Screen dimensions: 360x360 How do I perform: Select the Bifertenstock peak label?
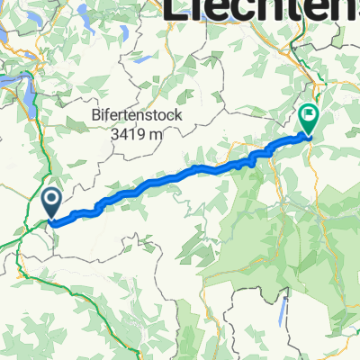[x=137, y=117]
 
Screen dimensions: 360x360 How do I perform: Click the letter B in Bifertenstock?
[x=94, y=117]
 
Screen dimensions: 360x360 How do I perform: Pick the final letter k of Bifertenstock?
[x=178, y=117]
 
